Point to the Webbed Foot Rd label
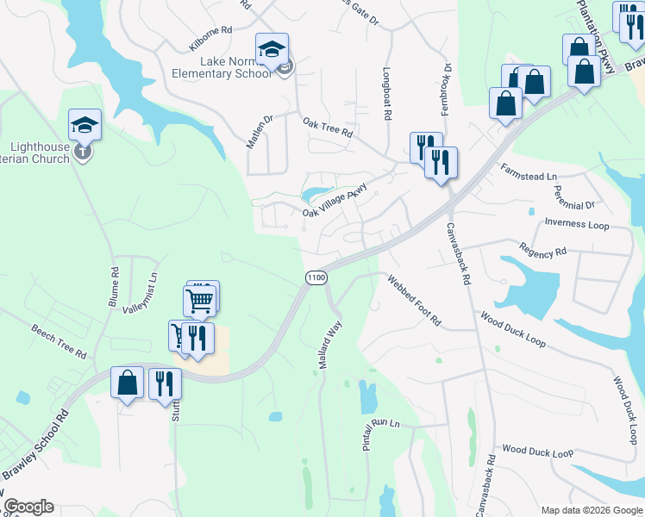click(414, 301)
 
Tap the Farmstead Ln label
click(529, 175)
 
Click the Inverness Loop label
click(577, 225)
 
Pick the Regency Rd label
click(542, 252)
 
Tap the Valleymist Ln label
click(141, 293)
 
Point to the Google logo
click(28, 507)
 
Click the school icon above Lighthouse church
click(85, 126)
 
